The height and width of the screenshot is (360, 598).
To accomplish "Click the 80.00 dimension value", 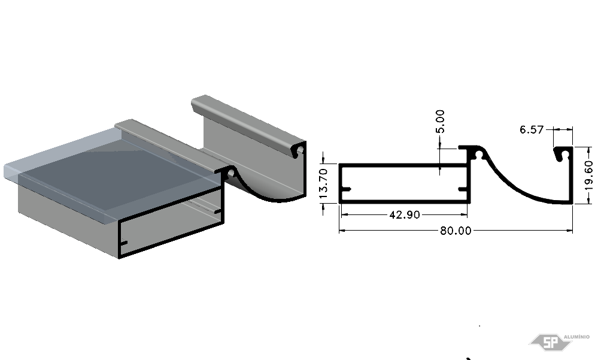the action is [456, 231].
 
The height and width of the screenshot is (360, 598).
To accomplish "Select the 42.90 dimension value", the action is [405, 214].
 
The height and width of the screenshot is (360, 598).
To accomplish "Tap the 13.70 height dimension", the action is [323, 184].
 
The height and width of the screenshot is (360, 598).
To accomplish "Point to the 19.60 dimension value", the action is [589, 176].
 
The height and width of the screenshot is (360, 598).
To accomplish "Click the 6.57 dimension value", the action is [532, 130].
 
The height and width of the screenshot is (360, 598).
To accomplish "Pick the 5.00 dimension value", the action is [440, 122].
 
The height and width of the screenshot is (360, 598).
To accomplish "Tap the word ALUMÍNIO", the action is [576, 337].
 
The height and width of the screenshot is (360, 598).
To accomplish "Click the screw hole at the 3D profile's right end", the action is [300, 149].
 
